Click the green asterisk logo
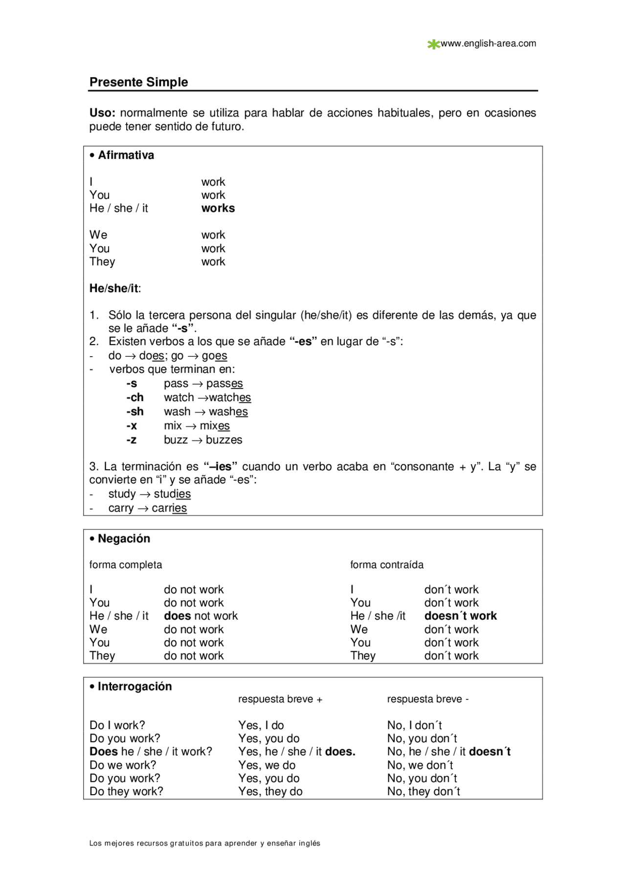[x=433, y=44]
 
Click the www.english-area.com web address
[x=488, y=43]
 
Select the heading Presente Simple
[x=138, y=82]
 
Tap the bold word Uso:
[x=102, y=113]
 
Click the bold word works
[x=218, y=208]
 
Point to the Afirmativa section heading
[x=126, y=155]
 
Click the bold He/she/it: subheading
[x=115, y=288]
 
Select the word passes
[x=224, y=384]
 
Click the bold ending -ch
[x=135, y=397]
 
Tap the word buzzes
[x=224, y=440]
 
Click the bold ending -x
[x=132, y=426]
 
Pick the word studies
[x=172, y=494]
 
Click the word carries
[x=169, y=508]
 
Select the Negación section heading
[x=124, y=539]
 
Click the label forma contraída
[x=387, y=565]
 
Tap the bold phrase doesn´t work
[x=460, y=616]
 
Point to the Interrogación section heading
[x=134, y=687]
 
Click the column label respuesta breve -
[x=427, y=699]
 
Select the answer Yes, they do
[x=270, y=792]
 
